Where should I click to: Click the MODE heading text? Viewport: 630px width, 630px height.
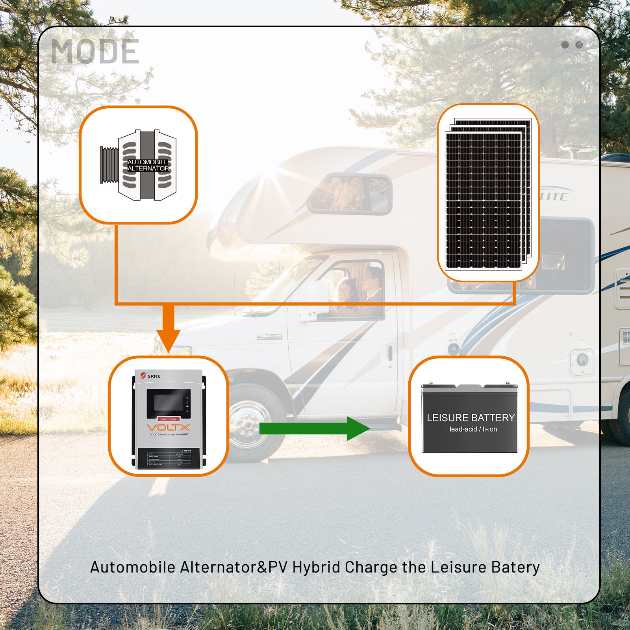tap(95, 52)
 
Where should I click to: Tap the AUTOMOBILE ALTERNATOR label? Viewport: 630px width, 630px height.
tap(148, 165)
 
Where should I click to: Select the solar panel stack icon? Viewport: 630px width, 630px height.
tap(487, 194)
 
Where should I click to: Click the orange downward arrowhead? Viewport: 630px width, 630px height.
tap(168, 340)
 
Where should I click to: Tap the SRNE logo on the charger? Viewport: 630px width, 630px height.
tap(150, 376)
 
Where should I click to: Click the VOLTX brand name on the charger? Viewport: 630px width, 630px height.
tap(168, 428)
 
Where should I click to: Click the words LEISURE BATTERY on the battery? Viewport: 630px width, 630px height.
tap(471, 418)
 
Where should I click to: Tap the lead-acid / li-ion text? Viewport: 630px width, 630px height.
tap(473, 429)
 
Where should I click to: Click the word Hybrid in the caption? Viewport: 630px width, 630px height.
tap(316, 567)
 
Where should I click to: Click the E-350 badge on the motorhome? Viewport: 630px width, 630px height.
tap(269, 336)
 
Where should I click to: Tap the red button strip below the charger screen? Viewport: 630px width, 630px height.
tap(168, 419)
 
